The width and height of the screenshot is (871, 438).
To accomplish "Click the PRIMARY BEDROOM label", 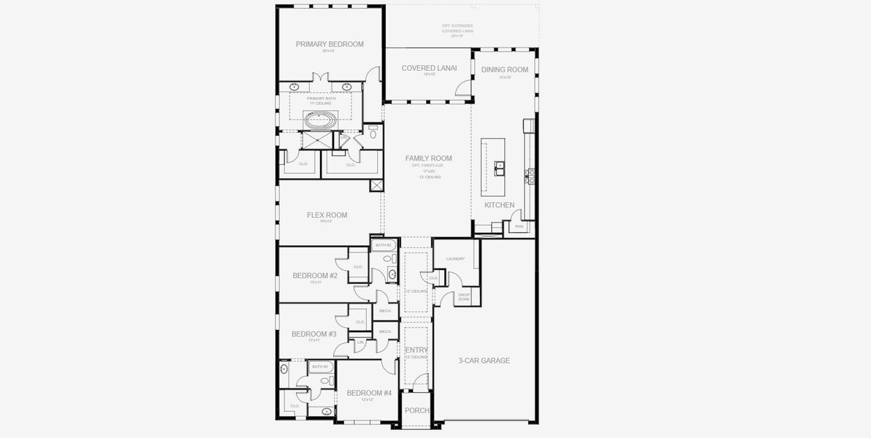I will point(330,44).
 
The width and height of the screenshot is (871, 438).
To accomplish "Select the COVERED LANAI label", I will point(429,68).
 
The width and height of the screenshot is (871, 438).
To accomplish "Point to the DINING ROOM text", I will point(504,69).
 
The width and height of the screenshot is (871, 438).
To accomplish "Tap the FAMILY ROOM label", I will point(428,158).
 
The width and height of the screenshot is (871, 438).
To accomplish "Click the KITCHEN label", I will point(499,205).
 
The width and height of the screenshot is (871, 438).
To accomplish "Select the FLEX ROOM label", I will point(327,215).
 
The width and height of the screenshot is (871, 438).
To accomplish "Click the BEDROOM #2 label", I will point(315,275).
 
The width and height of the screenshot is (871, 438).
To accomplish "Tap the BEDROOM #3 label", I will point(313,334).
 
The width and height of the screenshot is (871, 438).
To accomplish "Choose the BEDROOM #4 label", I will point(369,393).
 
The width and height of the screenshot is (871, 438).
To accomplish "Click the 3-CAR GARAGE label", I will point(484,361).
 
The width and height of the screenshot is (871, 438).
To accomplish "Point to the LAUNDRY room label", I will point(455,258).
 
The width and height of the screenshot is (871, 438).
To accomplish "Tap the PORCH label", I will point(417,410).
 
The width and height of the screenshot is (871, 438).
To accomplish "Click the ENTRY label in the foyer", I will point(417,350).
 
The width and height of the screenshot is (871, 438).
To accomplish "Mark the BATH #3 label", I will point(320,366).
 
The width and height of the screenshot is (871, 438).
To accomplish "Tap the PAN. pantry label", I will point(520,226).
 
